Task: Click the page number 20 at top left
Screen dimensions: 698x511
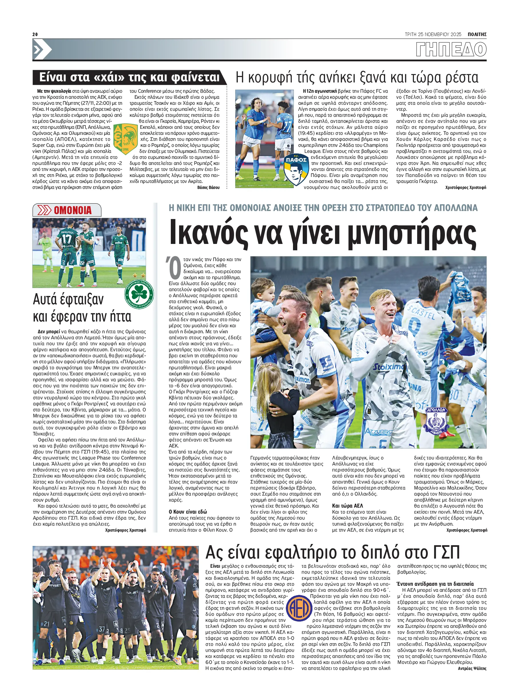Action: [x=35, y=34]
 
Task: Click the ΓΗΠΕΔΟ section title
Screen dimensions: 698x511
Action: [x=451, y=50]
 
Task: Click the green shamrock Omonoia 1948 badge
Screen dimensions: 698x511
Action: [x=139, y=294]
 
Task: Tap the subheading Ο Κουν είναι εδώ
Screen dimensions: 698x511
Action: [x=188, y=512]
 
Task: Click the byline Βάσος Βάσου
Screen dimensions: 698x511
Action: [x=208, y=188]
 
